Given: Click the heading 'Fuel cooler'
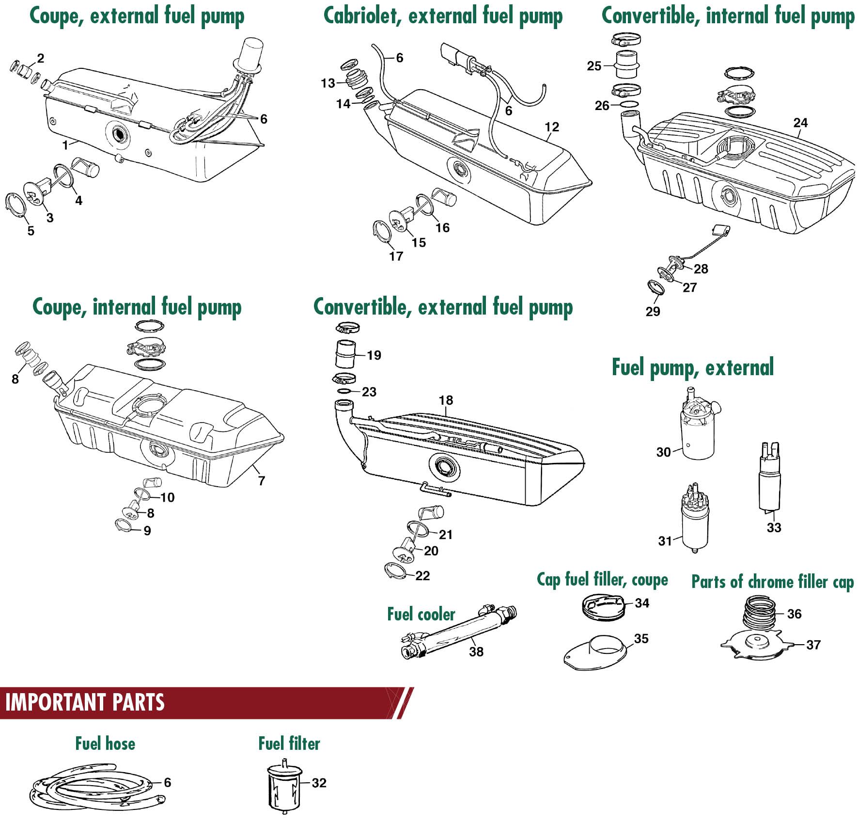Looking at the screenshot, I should click(x=421, y=615).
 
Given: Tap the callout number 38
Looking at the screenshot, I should click(x=476, y=652).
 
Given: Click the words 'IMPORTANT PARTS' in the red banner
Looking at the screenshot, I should click(x=85, y=702).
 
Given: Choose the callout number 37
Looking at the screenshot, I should click(x=813, y=645).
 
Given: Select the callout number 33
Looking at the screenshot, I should click(x=774, y=527).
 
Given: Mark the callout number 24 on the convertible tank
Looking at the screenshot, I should click(x=800, y=123).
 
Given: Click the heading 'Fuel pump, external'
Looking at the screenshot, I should click(x=692, y=367).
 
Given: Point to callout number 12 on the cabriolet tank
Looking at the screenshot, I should click(x=552, y=127).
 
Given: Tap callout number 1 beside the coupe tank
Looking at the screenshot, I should click(x=65, y=144).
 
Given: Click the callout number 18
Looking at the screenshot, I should click(x=446, y=400).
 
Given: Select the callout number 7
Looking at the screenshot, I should click(x=262, y=481).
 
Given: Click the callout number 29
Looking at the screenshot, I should click(x=653, y=311).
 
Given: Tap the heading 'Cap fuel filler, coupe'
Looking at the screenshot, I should click(x=602, y=579).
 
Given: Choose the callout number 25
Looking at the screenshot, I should click(x=594, y=66).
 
